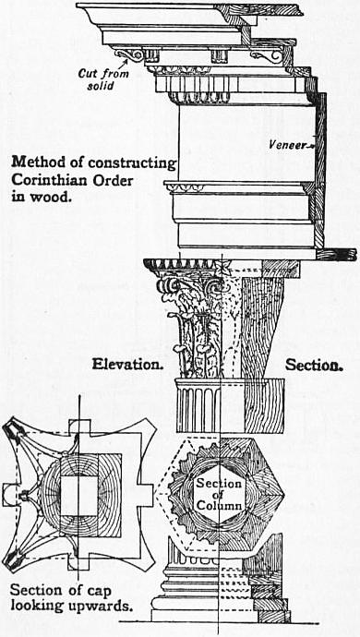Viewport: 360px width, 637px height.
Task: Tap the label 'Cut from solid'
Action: tap(103, 79)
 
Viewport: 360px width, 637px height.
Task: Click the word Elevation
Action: tap(127, 364)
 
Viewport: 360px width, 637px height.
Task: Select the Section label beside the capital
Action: tap(315, 366)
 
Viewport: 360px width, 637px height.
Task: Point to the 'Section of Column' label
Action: tap(219, 495)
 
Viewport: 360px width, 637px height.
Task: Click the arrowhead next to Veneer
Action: tap(310, 145)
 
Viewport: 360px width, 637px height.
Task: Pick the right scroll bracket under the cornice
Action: tap(266, 56)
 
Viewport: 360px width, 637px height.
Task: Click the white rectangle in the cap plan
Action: tap(79, 496)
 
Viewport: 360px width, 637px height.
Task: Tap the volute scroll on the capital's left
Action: tap(165, 285)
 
